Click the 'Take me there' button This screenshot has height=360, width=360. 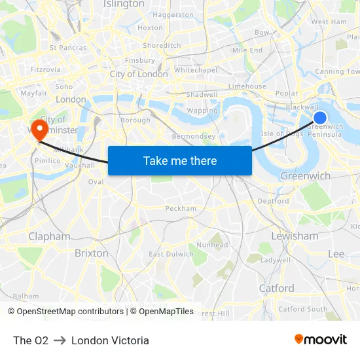(180, 160)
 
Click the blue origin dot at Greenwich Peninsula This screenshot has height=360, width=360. (320, 118)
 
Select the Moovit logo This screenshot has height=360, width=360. (320, 340)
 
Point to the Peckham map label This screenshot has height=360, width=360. (181, 208)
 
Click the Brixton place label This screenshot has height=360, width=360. (92, 253)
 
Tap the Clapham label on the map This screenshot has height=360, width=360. (49, 236)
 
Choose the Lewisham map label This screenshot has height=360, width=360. (295, 236)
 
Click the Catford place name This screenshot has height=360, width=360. (276, 288)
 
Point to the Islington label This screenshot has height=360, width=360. (124, 4)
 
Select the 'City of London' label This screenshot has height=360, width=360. (139, 74)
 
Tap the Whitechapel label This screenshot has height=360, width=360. (196, 70)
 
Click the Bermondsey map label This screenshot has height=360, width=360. (193, 136)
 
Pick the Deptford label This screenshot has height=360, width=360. (274, 201)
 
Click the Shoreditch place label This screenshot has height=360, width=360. (162, 45)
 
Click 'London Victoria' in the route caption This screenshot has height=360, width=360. (110, 340)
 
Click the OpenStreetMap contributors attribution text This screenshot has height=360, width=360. (65, 312)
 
